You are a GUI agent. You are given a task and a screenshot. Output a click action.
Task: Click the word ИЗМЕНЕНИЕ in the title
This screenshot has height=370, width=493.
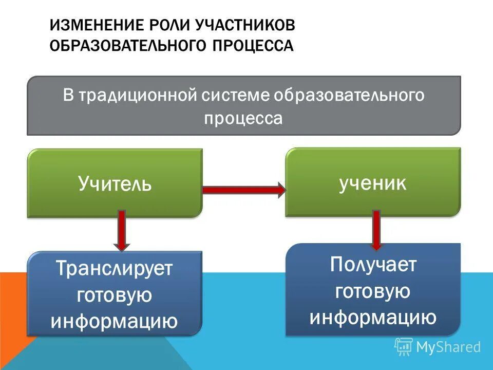point(96,26)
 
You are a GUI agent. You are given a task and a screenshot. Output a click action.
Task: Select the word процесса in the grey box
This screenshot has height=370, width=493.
point(243,119)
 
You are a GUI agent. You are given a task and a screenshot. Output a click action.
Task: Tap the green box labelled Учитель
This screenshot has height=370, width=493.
point(115,183)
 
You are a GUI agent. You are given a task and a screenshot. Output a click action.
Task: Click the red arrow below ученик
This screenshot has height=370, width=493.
point(376,229)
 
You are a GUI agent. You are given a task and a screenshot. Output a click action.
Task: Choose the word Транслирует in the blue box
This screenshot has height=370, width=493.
point(115,269)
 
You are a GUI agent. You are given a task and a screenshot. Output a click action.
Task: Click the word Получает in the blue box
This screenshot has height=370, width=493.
point(373,265)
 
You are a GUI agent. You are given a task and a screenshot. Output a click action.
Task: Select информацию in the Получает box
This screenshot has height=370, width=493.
point(373,317)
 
